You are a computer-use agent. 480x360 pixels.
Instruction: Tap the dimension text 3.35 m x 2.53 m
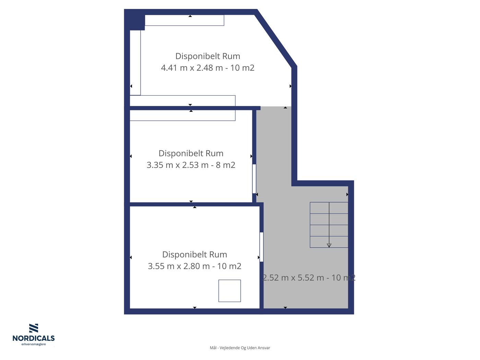pos(177,165)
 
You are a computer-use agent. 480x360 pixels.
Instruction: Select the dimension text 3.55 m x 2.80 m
pos(179,266)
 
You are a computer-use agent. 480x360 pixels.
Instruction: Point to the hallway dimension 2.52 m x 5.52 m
pos(293,278)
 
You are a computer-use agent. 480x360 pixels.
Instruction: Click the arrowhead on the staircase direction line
pos(329,245)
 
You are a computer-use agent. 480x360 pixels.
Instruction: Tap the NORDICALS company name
pos(34,338)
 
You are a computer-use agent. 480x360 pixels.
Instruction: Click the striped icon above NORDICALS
pos(34,328)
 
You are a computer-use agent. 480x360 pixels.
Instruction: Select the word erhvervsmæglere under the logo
pos(34,345)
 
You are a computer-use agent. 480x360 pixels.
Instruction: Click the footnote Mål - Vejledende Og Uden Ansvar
pos(240,348)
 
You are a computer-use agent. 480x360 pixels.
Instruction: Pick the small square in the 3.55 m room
pos(230,291)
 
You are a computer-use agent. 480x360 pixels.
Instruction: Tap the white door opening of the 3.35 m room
pos(254,179)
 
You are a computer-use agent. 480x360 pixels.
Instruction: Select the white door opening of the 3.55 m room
pos(261,247)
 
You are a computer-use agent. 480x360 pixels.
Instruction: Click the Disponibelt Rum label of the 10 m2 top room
pos(208,56)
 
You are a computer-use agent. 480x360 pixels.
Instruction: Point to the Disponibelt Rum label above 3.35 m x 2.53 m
pos(191,154)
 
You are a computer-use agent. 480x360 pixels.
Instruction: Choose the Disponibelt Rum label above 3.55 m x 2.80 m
pos(195,255)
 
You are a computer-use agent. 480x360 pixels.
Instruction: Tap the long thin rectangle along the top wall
pos(184,20)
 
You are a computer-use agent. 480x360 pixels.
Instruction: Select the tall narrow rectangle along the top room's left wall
pos(135,63)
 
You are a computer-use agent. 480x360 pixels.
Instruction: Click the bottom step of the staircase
pos(329,242)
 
